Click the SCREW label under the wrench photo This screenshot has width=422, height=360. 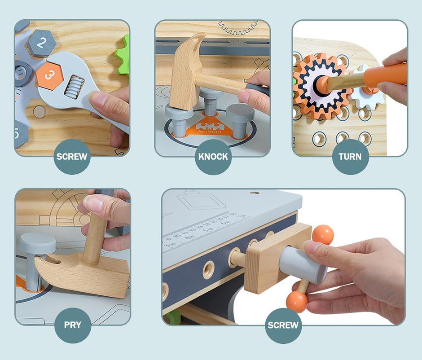click(72, 157)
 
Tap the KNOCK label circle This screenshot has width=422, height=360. click(213, 157)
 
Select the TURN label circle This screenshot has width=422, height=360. click(350, 157)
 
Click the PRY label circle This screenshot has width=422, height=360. click(73, 325)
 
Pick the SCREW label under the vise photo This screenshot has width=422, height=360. click(283, 325)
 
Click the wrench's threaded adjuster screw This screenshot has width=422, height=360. click(74, 86)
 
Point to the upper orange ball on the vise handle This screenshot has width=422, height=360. click(323, 234)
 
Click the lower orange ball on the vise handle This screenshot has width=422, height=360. click(297, 302)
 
